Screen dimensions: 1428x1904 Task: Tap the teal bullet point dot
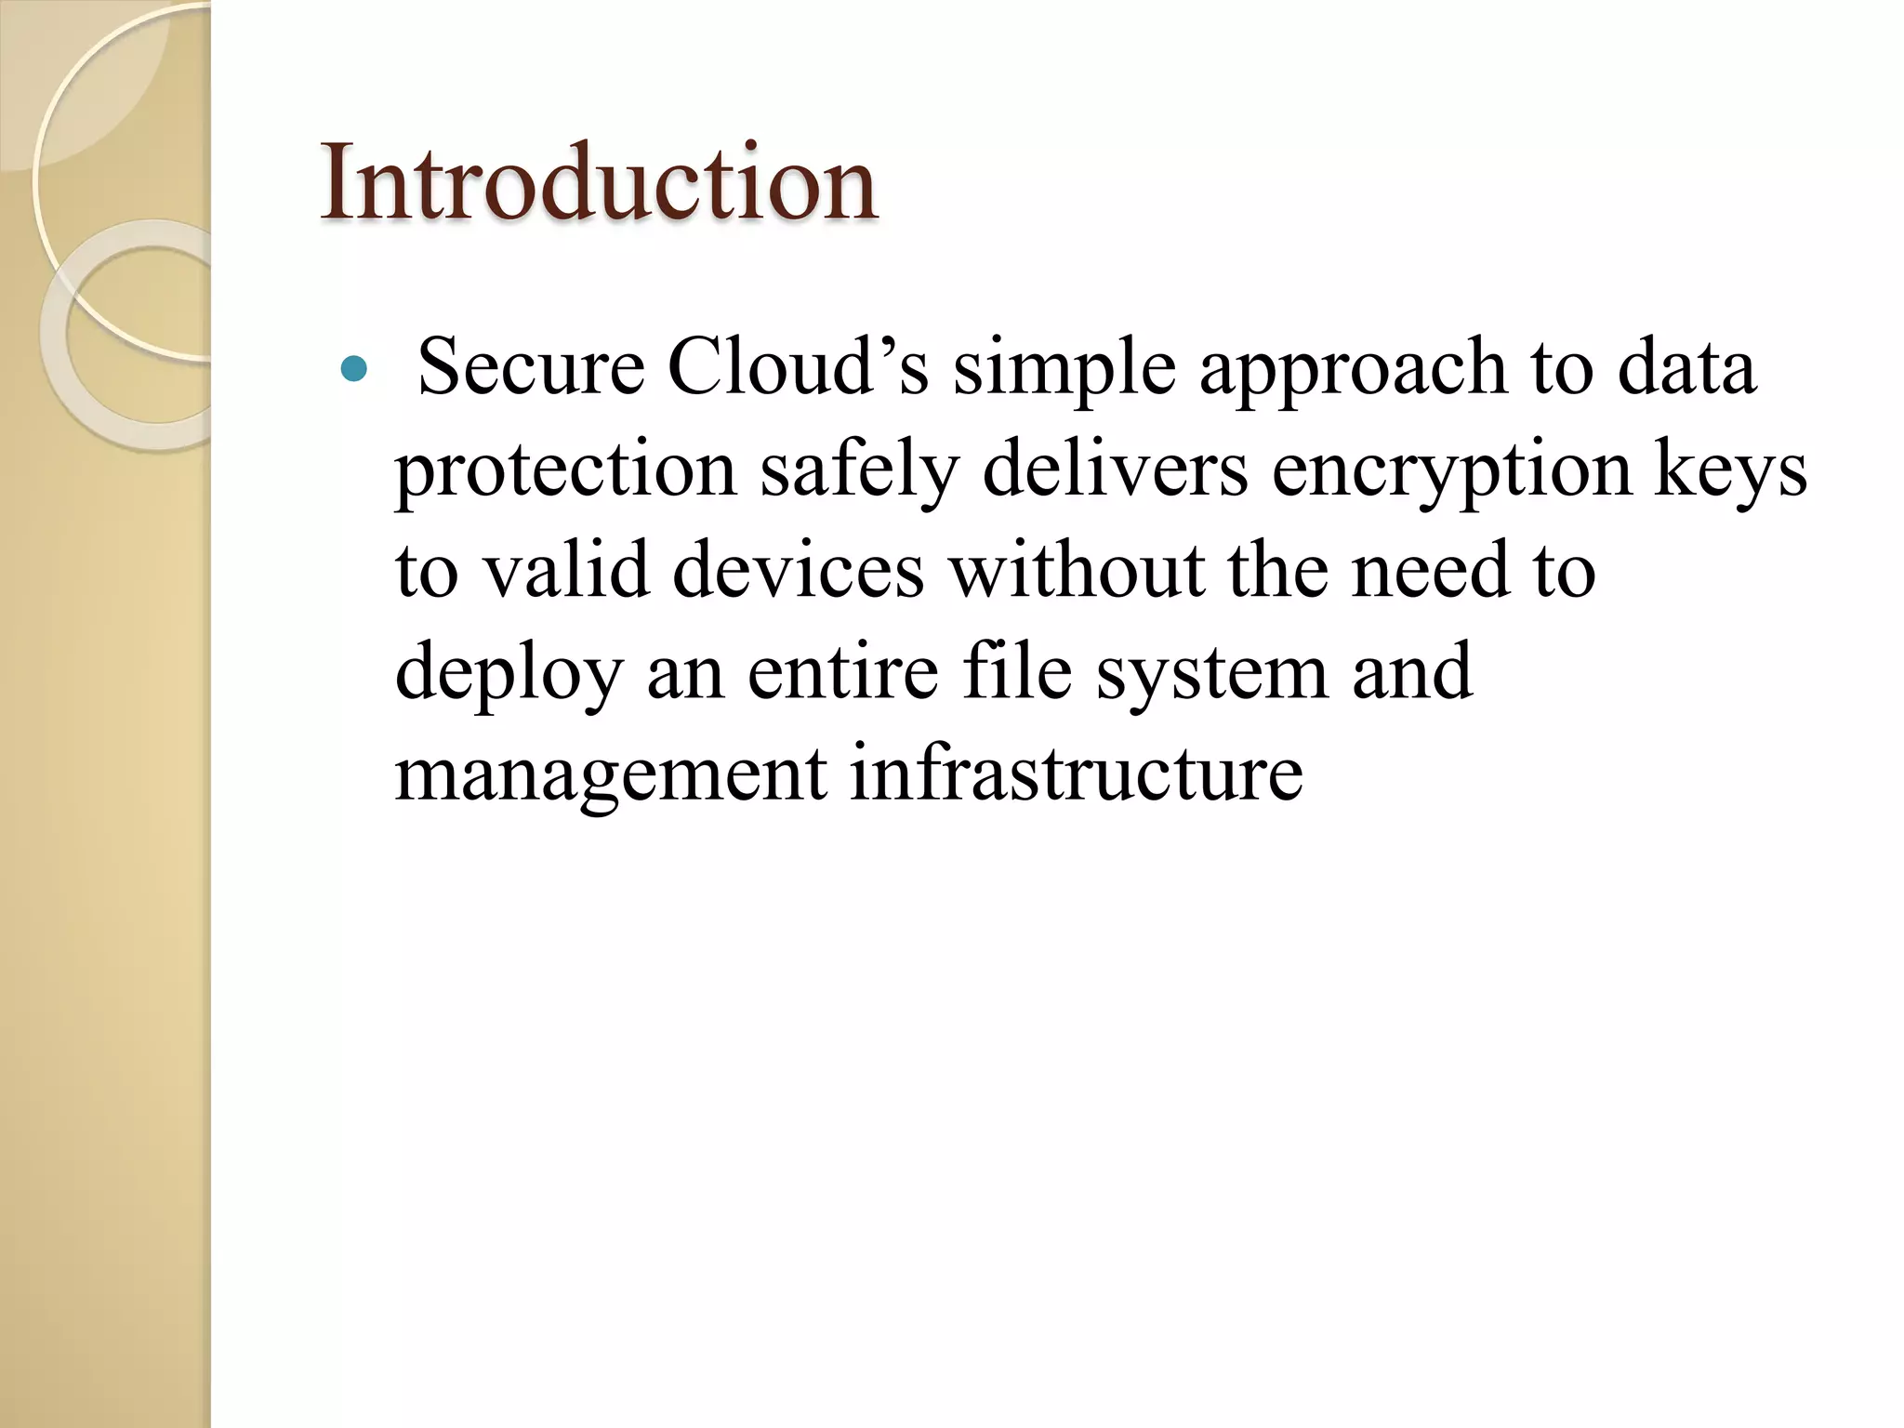click(354, 371)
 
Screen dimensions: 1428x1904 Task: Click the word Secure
click(531, 367)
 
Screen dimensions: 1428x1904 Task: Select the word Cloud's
click(798, 367)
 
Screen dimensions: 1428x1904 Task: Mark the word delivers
click(1115, 469)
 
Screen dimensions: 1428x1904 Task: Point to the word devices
click(798, 570)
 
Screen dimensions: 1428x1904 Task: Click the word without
click(1076, 570)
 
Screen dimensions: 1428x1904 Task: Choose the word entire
click(842, 671)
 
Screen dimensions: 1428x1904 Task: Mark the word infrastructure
click(1076, 773)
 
